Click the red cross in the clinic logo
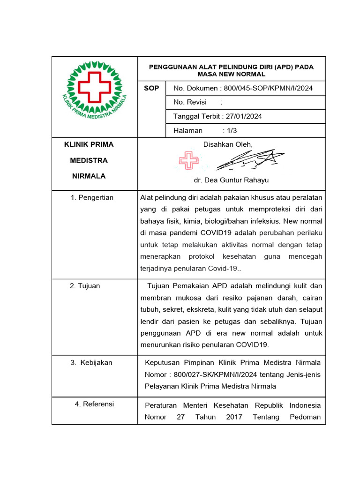point(94,88)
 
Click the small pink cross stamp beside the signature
point(188,161)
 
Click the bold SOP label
point(151,88)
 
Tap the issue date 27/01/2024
point(248,116)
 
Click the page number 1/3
point(232,131)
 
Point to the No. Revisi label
point(190,102)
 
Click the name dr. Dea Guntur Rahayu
point(231,180)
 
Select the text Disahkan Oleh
point(228,145)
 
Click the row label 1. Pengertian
point(92,197)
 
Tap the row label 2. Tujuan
point(85,285)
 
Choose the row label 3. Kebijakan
point(91,362)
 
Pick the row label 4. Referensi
point(94,404)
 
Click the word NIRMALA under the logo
point(89,176)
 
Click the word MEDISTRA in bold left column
point(89,160)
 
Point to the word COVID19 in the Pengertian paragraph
point(214,232)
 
